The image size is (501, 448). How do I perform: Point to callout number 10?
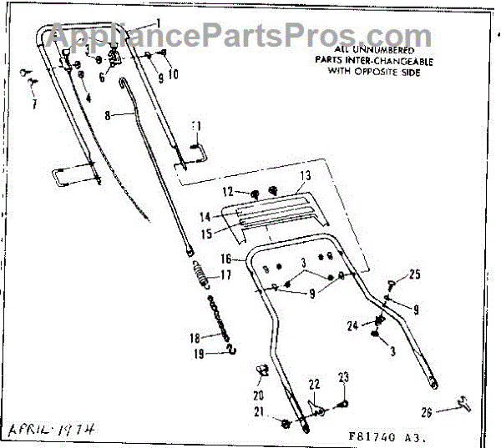click(174, 74)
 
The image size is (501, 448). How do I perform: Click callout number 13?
click(305, 176)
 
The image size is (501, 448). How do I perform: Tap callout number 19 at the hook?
click(199, 354)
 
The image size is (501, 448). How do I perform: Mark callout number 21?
click(259, 411)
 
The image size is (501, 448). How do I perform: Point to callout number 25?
click(415, 274)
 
